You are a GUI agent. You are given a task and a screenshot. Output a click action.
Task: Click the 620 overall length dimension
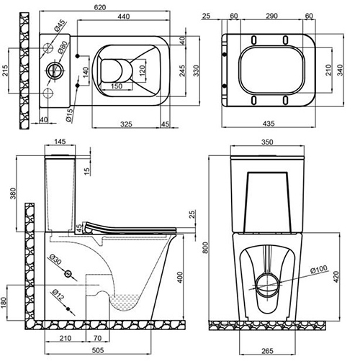click(x=100, y=7)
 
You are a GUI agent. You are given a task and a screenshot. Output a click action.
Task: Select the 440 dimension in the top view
click(x=124, y=17)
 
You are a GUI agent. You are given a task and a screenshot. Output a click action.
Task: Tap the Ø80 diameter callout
click(x=62, y=47)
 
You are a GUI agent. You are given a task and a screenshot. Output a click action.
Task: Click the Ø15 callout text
click(x=69, y=115)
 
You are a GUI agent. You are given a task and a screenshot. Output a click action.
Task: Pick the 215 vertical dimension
click(x=5, y=70)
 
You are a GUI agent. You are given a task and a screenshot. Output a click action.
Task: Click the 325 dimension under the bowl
click(x=126, y=124)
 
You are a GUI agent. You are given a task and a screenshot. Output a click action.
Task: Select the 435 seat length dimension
click(x=269, y=124)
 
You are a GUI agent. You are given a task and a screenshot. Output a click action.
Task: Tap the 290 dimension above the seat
click(x=271, y=16)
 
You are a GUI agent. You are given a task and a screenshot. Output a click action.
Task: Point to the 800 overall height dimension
click(x=205, y=247)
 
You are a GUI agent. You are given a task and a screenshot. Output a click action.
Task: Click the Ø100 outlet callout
click(x=319, y=269)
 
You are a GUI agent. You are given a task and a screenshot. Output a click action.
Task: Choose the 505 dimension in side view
click(x=98, y=350)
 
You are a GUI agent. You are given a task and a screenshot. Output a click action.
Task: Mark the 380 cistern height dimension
click(x=13, y=193)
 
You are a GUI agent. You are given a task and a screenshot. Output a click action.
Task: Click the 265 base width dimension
click(x=267, y=351)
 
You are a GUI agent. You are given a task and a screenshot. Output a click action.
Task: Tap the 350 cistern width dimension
click(x=267, y=142)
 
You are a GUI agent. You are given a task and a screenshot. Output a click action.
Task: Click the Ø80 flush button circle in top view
click(x=55, y=70)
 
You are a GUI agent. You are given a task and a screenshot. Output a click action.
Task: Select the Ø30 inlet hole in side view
click(x=68, y=273)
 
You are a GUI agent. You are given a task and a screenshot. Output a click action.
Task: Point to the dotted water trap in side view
click(x=124, y=303)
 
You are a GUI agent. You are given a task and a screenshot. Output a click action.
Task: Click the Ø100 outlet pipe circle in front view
click(x=267, y=285)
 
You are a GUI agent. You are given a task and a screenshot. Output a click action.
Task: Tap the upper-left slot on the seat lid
click(x=253, y=40)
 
